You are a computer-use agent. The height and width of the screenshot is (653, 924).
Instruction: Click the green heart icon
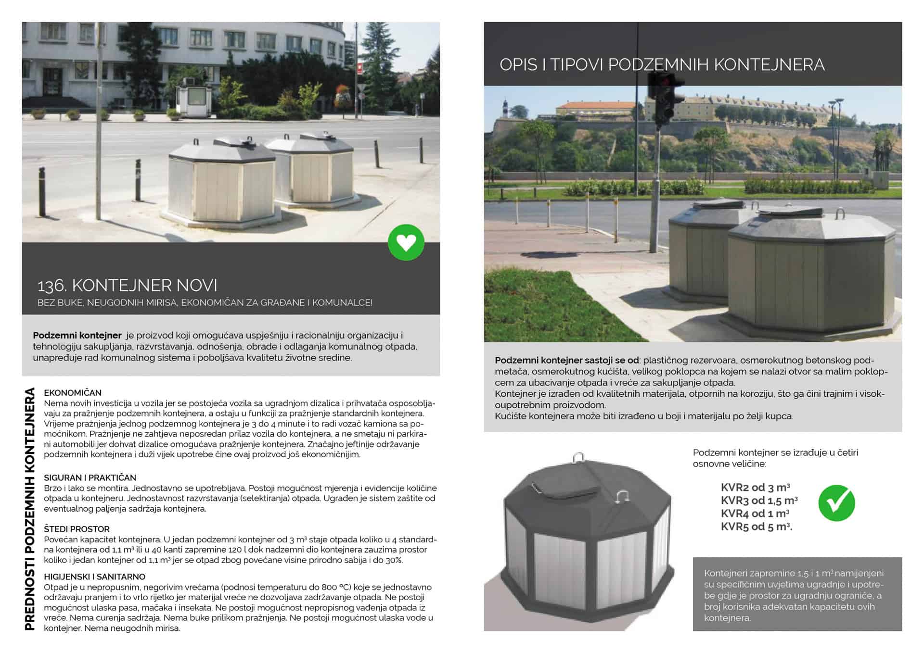406,242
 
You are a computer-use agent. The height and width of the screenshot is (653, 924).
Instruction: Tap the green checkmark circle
836,503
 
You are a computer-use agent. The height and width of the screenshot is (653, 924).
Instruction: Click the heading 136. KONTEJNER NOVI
127,285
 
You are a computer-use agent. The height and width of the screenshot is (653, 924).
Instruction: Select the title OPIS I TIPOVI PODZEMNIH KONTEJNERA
662,64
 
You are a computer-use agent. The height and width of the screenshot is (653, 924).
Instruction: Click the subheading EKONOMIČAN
73,393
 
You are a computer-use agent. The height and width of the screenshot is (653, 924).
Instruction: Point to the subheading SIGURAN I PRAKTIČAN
90,477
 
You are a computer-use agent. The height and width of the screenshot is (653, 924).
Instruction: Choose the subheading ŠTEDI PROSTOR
77,529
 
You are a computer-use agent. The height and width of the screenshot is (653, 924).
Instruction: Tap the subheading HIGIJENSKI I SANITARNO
94,577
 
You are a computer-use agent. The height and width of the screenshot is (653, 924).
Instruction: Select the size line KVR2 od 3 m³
755,488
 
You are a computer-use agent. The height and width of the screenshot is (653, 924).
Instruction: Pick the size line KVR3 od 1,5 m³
759,501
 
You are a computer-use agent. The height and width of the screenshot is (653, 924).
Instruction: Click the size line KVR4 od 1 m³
755,514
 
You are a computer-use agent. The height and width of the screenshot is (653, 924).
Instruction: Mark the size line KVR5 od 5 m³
756,527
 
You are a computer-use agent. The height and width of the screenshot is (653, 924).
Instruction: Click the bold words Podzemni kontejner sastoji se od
567,360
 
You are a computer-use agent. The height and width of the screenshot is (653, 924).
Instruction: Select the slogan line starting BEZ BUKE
205,302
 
